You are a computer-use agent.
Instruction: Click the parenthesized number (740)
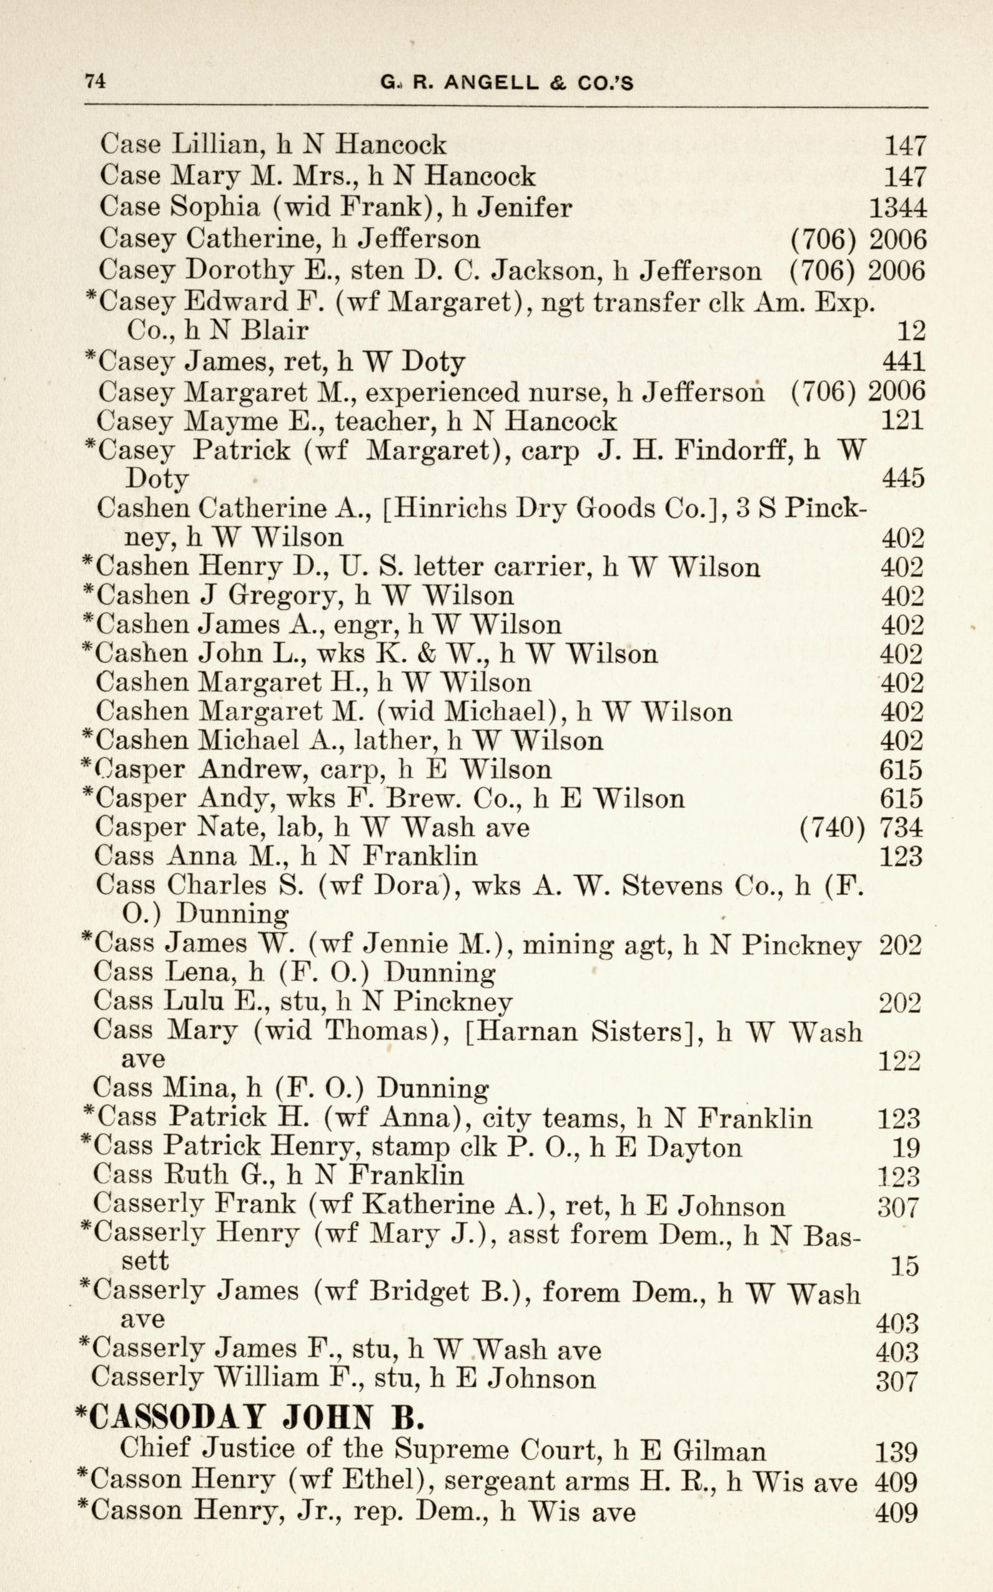[x=831, y=828]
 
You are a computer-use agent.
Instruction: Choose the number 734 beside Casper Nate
[x=901, y=828]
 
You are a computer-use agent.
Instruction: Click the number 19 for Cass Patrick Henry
[x=906, y=1148]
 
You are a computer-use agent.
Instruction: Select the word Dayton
[x=695, y=1147]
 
